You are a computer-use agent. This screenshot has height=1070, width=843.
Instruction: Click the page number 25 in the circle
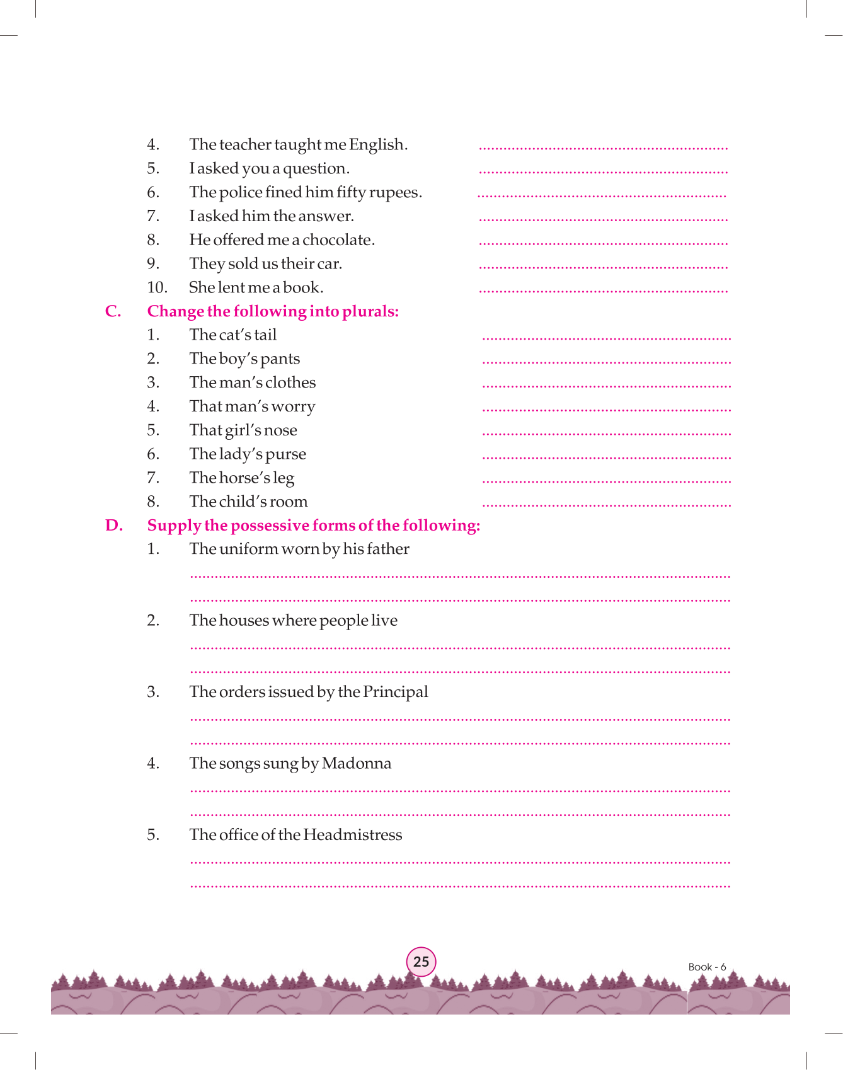[421, 962]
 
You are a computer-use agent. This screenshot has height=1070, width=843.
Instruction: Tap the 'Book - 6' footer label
[707, 967]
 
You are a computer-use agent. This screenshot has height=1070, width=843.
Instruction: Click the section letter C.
[113, 311]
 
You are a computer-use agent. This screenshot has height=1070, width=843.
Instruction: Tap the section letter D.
[113, 526]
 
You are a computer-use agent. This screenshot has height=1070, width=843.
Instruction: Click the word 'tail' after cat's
[265, 335]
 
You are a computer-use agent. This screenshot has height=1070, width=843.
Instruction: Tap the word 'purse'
[285, 454]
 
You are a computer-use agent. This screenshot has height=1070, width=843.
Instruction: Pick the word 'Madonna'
[356, 764]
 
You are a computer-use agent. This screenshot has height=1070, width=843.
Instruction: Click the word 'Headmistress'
[352, 835]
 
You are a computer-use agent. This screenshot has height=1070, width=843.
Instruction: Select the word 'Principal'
[395, 692]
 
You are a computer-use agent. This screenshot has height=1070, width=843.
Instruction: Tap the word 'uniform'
[249, 549]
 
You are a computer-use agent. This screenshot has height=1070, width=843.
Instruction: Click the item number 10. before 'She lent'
[157, 288]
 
